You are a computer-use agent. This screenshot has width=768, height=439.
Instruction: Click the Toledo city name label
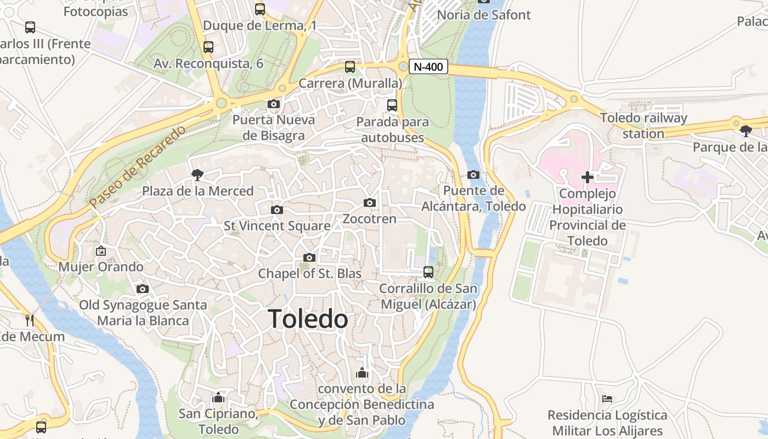pyautogui.click(x=308, y=319)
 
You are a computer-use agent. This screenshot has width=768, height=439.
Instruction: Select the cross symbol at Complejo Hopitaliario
pyautogui.click(x=588, y=177)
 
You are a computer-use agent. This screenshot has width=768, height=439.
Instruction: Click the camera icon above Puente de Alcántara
pyautogui.click(x=473, y=175)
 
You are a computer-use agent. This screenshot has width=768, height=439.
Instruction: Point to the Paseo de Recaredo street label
pyautogui.click(x=138, y=167)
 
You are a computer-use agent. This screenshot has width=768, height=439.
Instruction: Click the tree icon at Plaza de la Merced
pyautogui.click(x=197, y=175)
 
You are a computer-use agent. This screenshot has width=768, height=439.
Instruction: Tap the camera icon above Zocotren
pyautogui.click(x=370, y=203)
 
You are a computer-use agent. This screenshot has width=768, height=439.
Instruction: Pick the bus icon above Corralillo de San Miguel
pyautogui.click(x=428, y=272)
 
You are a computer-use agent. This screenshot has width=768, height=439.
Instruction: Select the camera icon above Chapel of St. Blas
pyautogui.click(x=309, y=258)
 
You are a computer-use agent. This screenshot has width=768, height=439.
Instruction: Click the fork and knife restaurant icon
pyautogui.click(x=30, y=320)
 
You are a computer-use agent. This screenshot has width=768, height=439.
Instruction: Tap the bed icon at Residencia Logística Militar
pyautogui.click(x=607, y=399)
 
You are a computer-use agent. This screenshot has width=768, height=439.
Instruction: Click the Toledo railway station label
pyautogui.click(x=643, y=126)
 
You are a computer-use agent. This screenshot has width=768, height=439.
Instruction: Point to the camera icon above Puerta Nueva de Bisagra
pyautogui.click(x=273, y=104)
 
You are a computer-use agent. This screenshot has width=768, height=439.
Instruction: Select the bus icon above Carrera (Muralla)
pyautogui.click(x=350, y=67)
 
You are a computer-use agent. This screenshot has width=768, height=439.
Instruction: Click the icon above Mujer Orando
pyautogui.click(x=101, y=251)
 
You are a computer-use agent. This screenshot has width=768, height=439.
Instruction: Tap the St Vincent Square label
pyautogui.click(x=277, y=226)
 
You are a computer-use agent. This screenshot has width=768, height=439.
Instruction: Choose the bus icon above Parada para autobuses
pyautogui.click(x=392, y=105)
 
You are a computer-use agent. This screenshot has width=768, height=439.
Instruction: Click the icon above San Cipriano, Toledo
pyautogui.click(x=218, y=397)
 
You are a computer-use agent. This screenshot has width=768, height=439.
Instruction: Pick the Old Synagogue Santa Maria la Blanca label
pyautogui.click(x=143, y=313)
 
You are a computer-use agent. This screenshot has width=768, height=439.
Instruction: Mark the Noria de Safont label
pyautogui.click(x=484, y=15)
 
